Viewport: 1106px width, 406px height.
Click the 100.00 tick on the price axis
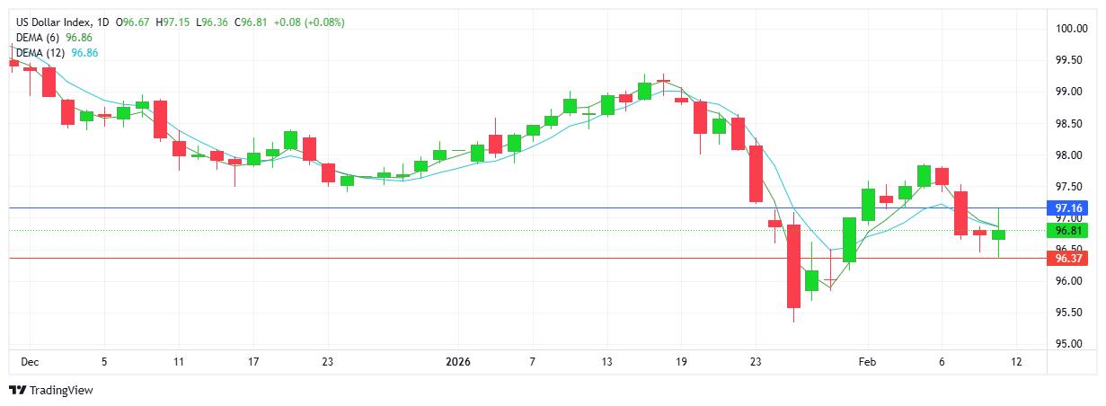[1072, 29]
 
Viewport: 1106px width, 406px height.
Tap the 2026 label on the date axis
[458, 362]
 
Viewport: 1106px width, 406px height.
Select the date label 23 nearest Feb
[756, 362]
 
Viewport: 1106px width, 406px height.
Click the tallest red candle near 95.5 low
[793, 266]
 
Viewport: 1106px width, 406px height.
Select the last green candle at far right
[999, 234]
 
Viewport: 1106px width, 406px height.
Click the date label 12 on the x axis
[1016, 362]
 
